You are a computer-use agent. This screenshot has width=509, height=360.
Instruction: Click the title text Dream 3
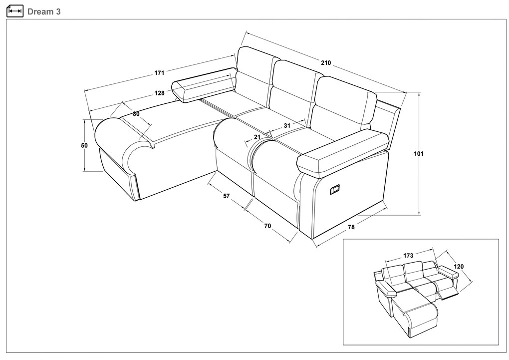coord(44,11)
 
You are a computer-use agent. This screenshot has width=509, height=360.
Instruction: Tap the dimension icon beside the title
coord(15,11)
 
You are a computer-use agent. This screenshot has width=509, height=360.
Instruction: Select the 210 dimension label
coord(326,63)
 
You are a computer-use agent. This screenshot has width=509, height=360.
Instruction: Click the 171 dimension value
coord(159,73)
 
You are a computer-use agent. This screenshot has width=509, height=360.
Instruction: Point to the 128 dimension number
coord(159,93)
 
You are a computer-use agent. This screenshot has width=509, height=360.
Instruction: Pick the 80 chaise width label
coord(136,114)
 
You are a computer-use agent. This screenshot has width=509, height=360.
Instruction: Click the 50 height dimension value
coord(84,146)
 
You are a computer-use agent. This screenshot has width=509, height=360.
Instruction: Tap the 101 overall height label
coord(419,154)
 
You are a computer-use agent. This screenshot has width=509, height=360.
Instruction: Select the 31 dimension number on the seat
coord(287,125)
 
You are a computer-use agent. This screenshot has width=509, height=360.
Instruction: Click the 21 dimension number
coord(257,137)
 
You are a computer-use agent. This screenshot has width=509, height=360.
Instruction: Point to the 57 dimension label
coord(226,196)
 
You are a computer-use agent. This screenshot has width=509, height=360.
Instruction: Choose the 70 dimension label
coord(267,226)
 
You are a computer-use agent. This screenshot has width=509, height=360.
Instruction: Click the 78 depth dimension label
coord(351,227)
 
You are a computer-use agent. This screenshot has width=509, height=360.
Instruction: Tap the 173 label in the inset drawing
coord(408,255)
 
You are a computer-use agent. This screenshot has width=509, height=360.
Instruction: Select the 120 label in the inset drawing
coord(459,267)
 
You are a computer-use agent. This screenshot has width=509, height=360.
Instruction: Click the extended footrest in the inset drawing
coord(448,294)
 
